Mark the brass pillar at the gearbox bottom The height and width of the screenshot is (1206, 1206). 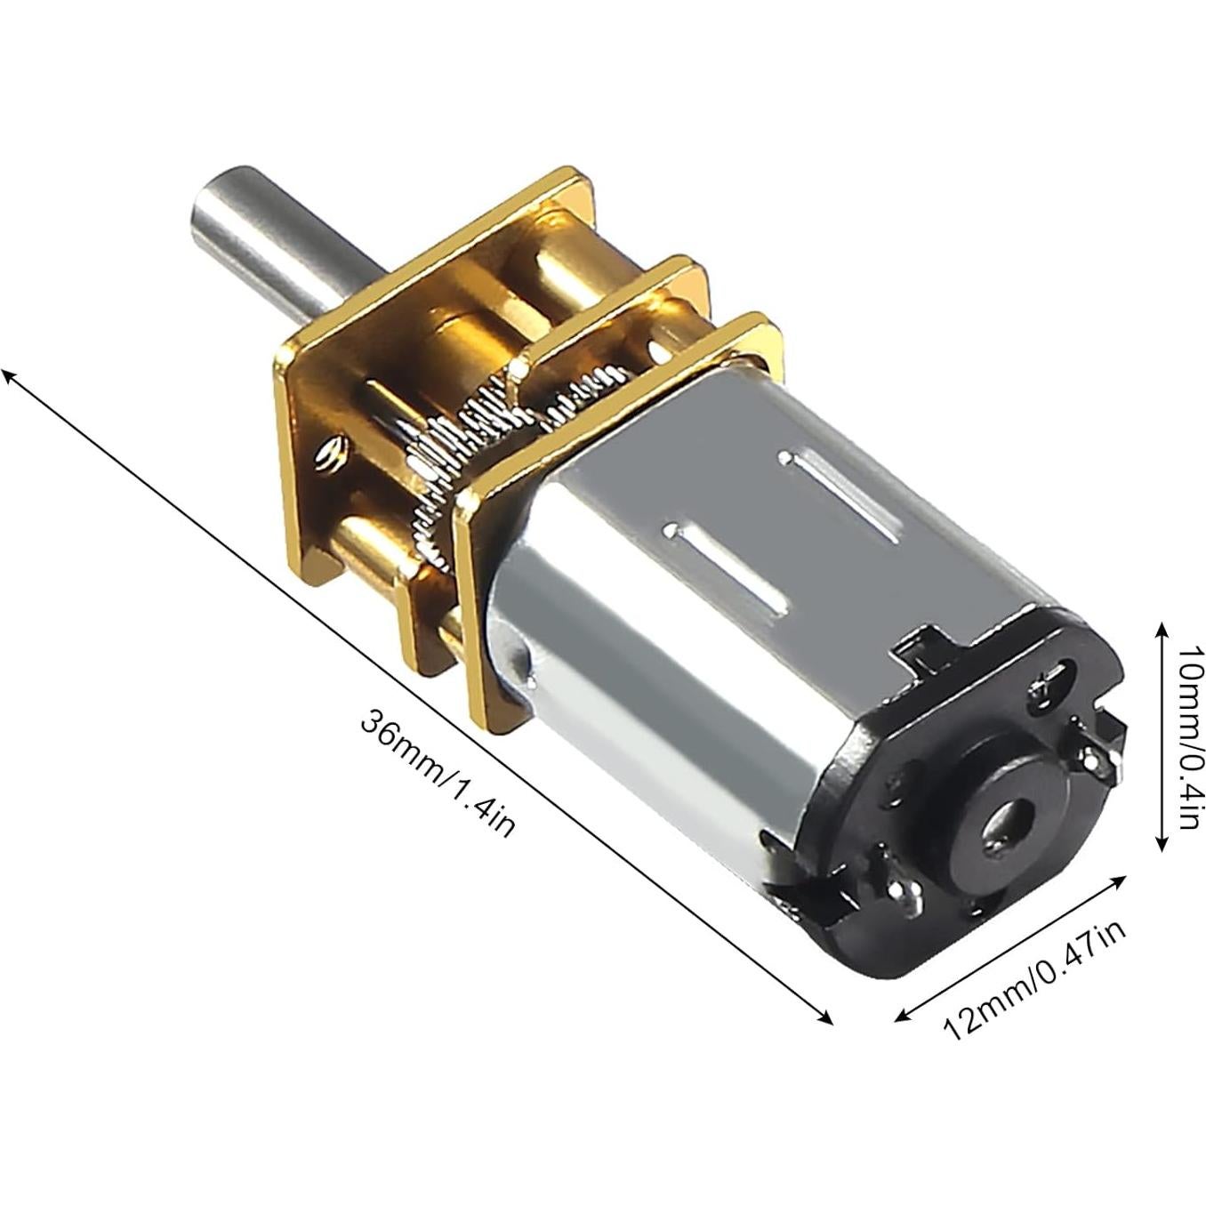(374, 548)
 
